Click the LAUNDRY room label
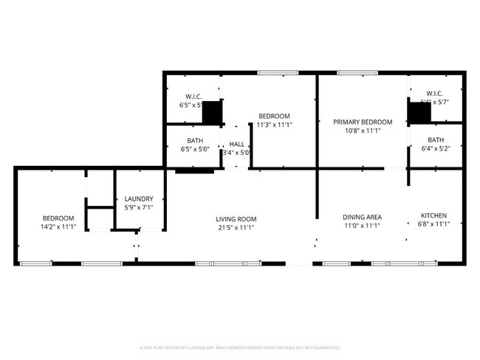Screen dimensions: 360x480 (139, 198)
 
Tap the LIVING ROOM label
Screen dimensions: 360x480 (236, 219)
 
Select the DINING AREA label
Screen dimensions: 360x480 (362, 217)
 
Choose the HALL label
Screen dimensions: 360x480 (236, 144)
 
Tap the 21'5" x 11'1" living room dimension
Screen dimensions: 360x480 (236, 228)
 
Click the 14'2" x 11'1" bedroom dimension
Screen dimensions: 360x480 (58, 227)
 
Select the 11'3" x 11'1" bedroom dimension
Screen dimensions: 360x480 (274, 125)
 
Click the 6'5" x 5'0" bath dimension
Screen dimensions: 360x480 (195, 149)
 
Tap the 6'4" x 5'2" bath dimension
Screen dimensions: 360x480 (436, 149)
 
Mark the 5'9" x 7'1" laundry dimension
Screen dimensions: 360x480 (139, 207)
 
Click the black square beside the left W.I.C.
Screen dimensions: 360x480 (212, 113)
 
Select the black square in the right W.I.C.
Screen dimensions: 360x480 (419, 113)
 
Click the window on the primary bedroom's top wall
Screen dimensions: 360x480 (357, 72)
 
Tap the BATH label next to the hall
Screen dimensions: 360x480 (195, 140)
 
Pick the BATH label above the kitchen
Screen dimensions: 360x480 (436, 140)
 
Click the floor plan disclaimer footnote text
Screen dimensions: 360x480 (240, 347)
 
